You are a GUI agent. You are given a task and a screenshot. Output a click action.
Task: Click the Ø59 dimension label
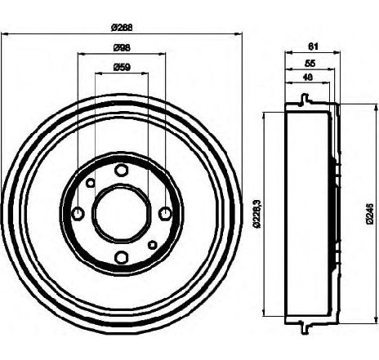(122, 67)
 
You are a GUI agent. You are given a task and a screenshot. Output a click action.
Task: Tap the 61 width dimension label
(314, 47)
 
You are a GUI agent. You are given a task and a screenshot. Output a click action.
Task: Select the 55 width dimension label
(310, 63)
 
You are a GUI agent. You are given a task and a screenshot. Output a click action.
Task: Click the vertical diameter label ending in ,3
(257, 213)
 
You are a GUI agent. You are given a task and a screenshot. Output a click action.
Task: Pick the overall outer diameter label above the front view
(122, 28)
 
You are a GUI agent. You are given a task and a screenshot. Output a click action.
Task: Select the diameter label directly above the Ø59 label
(122, 48)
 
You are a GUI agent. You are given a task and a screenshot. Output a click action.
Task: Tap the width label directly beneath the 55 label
(308, 78)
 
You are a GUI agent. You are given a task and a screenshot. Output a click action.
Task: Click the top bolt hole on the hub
(122, 171)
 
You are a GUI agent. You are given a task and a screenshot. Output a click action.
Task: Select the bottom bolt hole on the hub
(122, 257)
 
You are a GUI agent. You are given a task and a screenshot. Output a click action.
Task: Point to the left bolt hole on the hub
(78, 213)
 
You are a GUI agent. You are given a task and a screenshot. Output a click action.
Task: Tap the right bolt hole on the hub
(165, 213)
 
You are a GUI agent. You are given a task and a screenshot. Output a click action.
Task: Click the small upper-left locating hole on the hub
(91, 183)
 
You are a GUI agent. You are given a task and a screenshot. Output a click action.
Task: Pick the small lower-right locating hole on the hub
(153, 245)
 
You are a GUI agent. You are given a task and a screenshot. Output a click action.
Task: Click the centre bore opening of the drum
(122, 213)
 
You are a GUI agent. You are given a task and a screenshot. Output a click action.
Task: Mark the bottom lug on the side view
(305, 327)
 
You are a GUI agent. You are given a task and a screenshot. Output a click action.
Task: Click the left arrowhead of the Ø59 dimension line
(98, 73)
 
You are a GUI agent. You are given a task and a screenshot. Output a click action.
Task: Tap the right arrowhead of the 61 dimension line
(337, 51)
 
